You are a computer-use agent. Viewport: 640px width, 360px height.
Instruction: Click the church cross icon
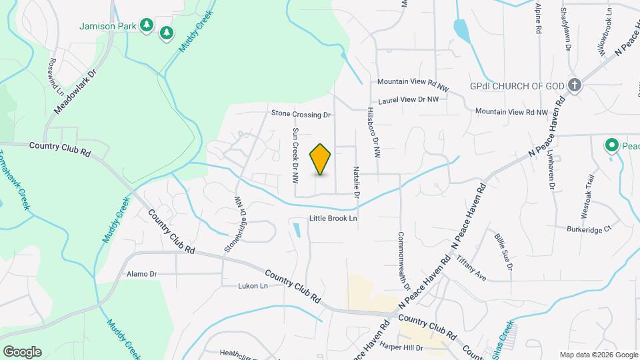click(575, 85)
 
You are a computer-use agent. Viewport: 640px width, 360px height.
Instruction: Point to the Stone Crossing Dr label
click(301, 115)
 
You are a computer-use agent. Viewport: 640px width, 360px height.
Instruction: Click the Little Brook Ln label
click(333, 218)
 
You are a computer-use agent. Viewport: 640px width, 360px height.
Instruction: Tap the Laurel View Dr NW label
click(408, 100)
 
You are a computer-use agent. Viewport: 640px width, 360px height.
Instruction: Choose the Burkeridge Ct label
click(589, 229)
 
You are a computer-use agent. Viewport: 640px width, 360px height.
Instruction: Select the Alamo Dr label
click(141, 274)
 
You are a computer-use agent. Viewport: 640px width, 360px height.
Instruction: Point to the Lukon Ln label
click(253, 286)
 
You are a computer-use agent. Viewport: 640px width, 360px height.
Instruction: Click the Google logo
click(22, 352)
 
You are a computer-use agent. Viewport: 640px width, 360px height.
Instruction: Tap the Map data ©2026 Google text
click(598, 355)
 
